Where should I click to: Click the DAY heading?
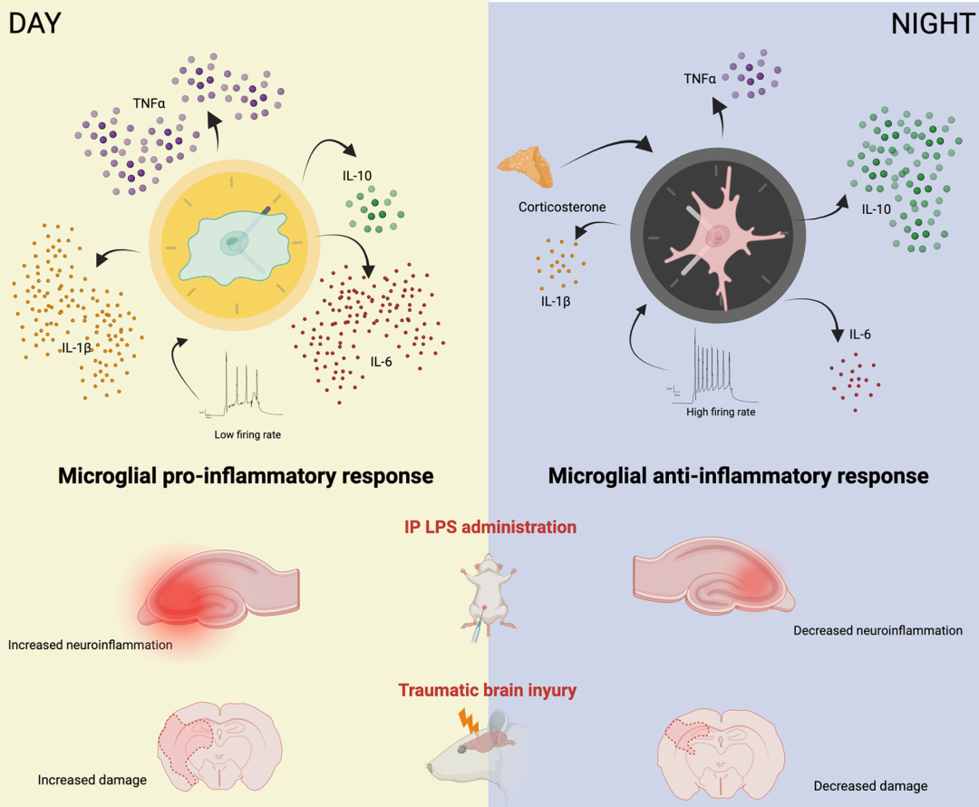coord(34,23)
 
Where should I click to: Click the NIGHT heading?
coord(933,24)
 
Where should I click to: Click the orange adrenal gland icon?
coord(528,164)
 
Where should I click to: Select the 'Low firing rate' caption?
coord(247,434)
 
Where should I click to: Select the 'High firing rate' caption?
coord(721,411)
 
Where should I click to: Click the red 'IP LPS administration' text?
coord(489,526)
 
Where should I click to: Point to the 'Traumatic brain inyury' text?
coord(488,691)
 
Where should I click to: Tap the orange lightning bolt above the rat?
coord(470,721)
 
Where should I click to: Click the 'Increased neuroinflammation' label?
coord(90,646)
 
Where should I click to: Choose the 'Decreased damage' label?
coord(870,786)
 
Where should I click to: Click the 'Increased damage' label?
coord(92,779)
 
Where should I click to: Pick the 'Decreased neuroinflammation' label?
coord(877,630)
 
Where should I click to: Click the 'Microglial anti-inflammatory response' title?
coord(738,475)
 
